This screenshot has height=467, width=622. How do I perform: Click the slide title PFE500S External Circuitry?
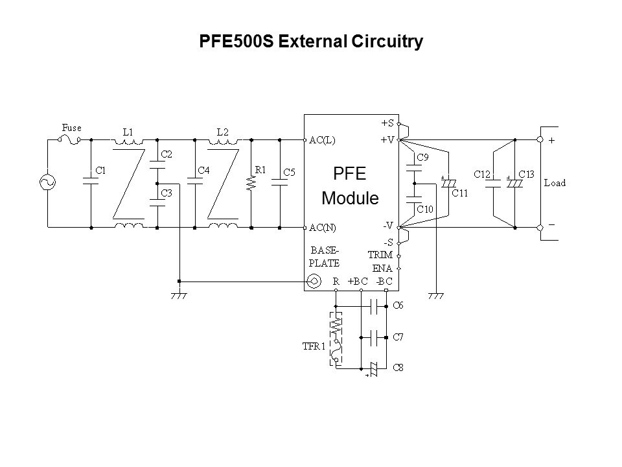point(310,42)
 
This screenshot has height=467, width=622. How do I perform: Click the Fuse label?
point(71,128)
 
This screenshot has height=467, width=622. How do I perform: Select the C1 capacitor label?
point(100,170)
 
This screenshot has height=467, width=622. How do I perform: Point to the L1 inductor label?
point(128,131)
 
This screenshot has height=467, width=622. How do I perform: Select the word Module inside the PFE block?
point(350,198)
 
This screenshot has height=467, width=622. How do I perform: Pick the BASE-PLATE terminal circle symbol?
point(313,281)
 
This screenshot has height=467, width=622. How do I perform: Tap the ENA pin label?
point(384,268)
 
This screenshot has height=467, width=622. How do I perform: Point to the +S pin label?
point(388,122)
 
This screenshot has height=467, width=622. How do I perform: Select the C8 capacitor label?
point(399,368)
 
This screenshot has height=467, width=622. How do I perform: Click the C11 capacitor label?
point(459,192)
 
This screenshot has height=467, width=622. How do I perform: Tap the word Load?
point(554,183)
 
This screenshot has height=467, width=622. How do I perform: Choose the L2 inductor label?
point(222,131)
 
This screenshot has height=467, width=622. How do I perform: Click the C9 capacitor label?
point(422,156)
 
